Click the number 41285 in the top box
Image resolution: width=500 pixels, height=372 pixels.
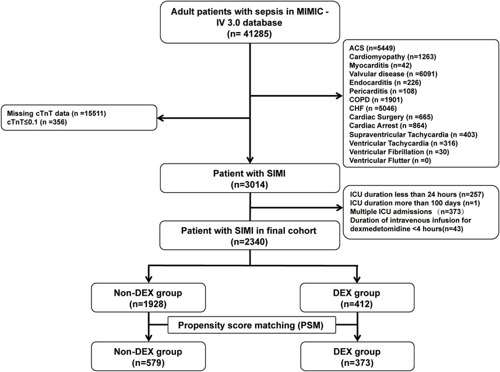(254, 33)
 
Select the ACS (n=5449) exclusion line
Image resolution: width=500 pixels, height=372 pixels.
(372, 48)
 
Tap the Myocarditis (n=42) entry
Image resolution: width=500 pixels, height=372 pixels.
(381, 65)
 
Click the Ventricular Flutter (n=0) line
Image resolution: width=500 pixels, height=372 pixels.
(390, 160)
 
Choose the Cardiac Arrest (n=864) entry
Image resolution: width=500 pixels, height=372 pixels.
(388, 126)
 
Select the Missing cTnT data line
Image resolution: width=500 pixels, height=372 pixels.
(57, 114)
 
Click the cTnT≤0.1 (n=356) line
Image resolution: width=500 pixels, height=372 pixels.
(37, 122)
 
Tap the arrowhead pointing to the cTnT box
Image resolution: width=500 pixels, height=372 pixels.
(161, 118)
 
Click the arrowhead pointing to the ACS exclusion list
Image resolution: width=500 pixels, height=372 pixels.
(339, 95)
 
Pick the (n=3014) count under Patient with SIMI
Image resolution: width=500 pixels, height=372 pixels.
(249, 185)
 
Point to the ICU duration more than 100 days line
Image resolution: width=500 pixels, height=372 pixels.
(415, 203)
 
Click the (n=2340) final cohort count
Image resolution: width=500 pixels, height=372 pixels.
(249, 242)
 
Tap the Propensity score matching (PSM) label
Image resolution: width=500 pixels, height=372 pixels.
(251, 325)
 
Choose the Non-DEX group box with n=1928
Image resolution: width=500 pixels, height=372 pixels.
(148, 298)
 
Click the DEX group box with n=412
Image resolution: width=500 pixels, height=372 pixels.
(357, 298)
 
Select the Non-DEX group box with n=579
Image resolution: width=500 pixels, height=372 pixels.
(148, 356)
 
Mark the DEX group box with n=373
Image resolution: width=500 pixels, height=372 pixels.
(357, 356)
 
